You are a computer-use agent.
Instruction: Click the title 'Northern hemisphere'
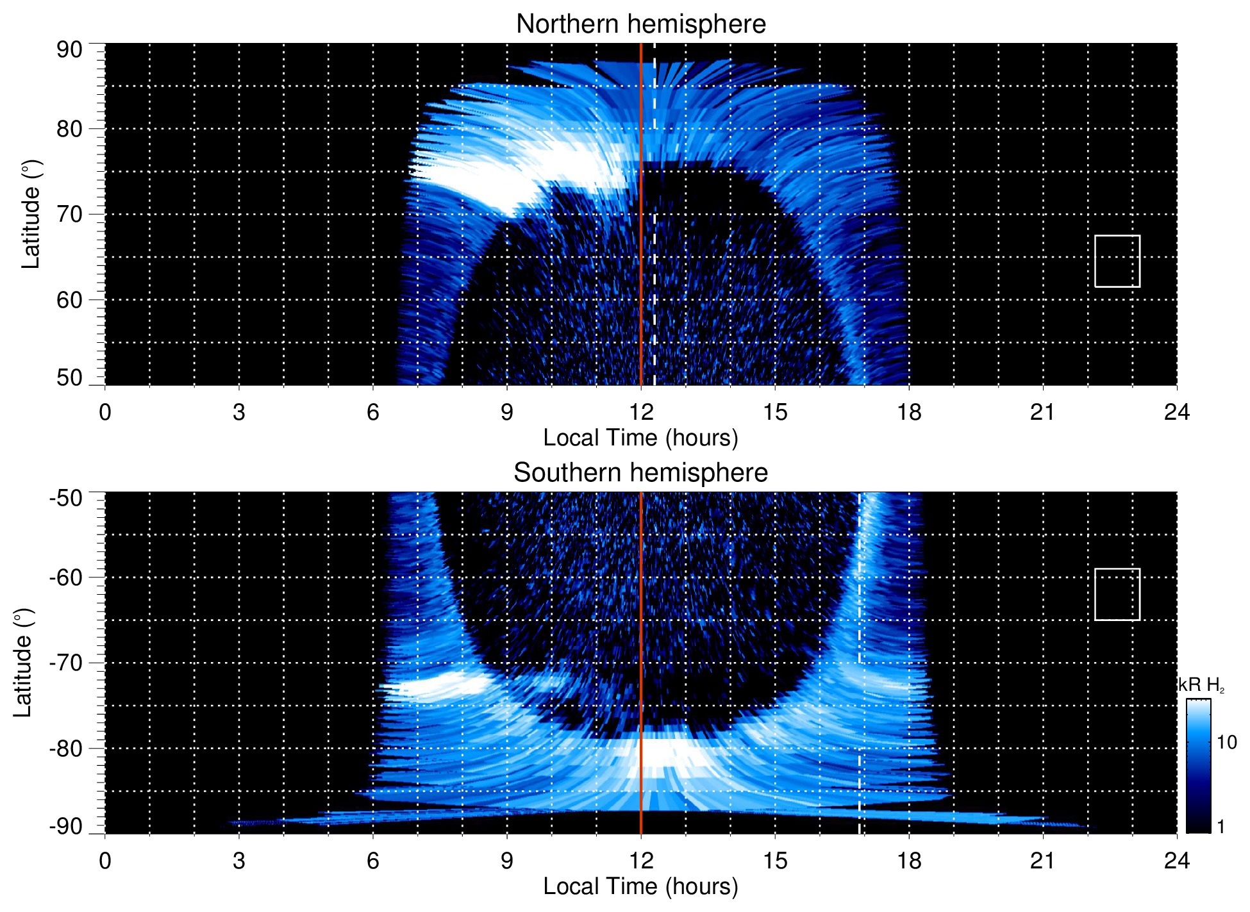pyautogui.click(x=640, y=24)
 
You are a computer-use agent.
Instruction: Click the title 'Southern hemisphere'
pyautogui.click(x=640, y=473)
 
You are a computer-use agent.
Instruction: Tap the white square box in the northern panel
pyautogui.click(x=1117, y=261)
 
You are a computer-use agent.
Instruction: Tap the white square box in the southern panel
pyautogui.click(x=1117, y=594)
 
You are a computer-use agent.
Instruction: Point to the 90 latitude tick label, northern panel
pyautogui.click(x=69, y=50)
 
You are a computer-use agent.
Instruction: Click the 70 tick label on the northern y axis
pyautogui.click(x=69, y=214)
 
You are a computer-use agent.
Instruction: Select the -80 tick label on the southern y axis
pyautogui.click(x=66, y=749)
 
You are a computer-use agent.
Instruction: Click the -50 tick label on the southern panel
pyautogui.click(x=66, y=498)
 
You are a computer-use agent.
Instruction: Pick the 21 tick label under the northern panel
pyautogui.click(x=1042, y=412)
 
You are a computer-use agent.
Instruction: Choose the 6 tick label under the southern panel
pyautogui.click(x=372, y=861)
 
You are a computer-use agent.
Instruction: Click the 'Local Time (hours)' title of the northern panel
pyautogui.click(x=640, y=438)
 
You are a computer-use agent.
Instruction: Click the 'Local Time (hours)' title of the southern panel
pyautogui.click(x=640, y=886)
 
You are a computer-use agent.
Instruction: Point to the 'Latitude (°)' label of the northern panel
pyautogui.click(x=31, y=214)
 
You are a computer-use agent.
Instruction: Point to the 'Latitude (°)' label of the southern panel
pyautogui.click(x=23, y=663)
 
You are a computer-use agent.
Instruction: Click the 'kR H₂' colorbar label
pyautogui.click(x=1201, y=685)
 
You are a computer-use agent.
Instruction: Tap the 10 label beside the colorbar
pyautogui.click(x=1226, y=742)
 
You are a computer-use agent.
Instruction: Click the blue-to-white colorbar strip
pyautogui.click(x=1197, y=766)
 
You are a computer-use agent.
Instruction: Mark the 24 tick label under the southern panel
pyautogui.click(x=1176, y=861)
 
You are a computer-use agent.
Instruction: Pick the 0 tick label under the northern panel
pyautogui.click(x=105, y=412)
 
